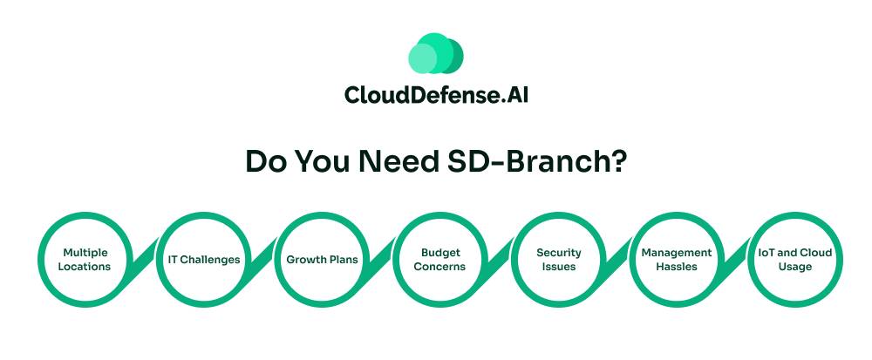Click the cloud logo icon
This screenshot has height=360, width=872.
tap(435, 53)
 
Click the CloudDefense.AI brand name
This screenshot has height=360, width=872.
tap(436, 94)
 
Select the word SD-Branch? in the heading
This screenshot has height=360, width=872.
tap(537, 161)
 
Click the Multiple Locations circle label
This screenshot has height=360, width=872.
tap(85, 260)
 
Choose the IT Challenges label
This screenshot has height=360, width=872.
tap(204, 260)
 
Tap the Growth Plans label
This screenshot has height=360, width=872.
tap(322, 260)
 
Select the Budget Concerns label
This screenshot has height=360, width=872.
tap(439, 260)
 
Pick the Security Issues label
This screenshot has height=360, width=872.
tap(558, 260)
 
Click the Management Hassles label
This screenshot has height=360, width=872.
tap(677, 260)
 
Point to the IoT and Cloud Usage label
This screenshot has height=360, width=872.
tap(795, 260)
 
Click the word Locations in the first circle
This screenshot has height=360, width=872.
tap(85, 267)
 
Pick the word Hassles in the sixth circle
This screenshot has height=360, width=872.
tap(677, 267)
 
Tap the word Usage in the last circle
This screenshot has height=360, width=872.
tap(795, 268)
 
